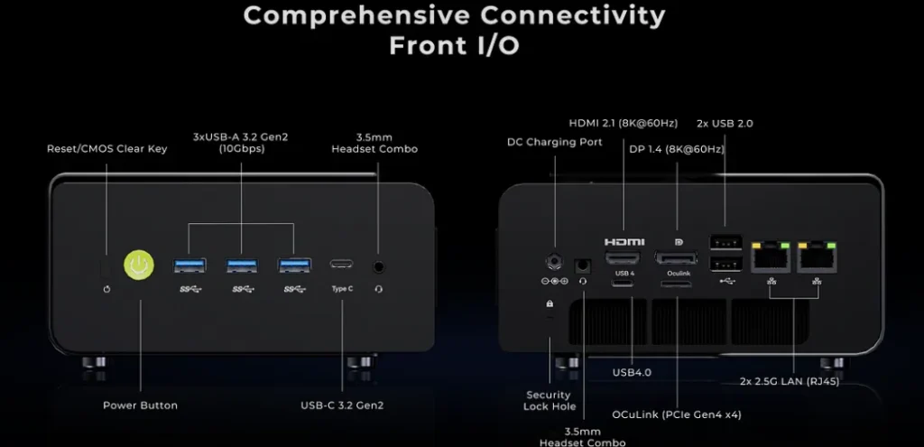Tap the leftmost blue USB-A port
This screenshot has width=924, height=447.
pyautogui.click(x=189, y=265)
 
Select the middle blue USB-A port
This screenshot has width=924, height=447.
pyautogui.click(x=242, y=265)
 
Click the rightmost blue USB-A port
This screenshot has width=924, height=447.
pyautogui.click(x=294, y=265)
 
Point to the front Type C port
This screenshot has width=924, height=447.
pyautogui.click(x=342, y=265)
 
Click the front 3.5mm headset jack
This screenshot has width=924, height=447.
pyautogui.click(x=379, y=266)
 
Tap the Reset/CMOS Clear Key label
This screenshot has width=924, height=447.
pyautogui.click(x=106, y=148)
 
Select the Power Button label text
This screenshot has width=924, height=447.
pyautogui.click(x=140, y=405)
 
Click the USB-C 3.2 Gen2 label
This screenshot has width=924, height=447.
pyautogui.click(x=342, y=405)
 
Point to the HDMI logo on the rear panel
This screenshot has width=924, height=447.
pyautogui.click(x=624, y=242)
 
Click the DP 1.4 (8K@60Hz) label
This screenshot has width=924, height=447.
pyautogui.click(x=677, y=148)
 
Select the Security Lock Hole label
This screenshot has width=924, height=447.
pyautogui.click(x=549, y=400)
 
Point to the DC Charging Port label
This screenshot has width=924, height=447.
pyautogui.click(x=554, y=142)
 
